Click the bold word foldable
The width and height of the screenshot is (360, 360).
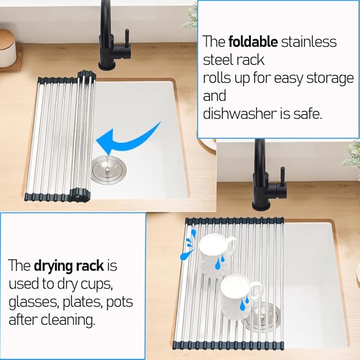coord(253,42)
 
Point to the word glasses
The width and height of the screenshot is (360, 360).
coord(32,303)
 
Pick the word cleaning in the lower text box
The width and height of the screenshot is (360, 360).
coord(68,320)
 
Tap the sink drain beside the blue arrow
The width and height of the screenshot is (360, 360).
coord(109,169)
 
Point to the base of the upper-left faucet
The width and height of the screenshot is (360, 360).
coord(107,65)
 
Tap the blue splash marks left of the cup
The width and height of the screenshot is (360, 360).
coord(189,245)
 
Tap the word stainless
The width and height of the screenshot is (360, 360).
coord(309,42)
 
